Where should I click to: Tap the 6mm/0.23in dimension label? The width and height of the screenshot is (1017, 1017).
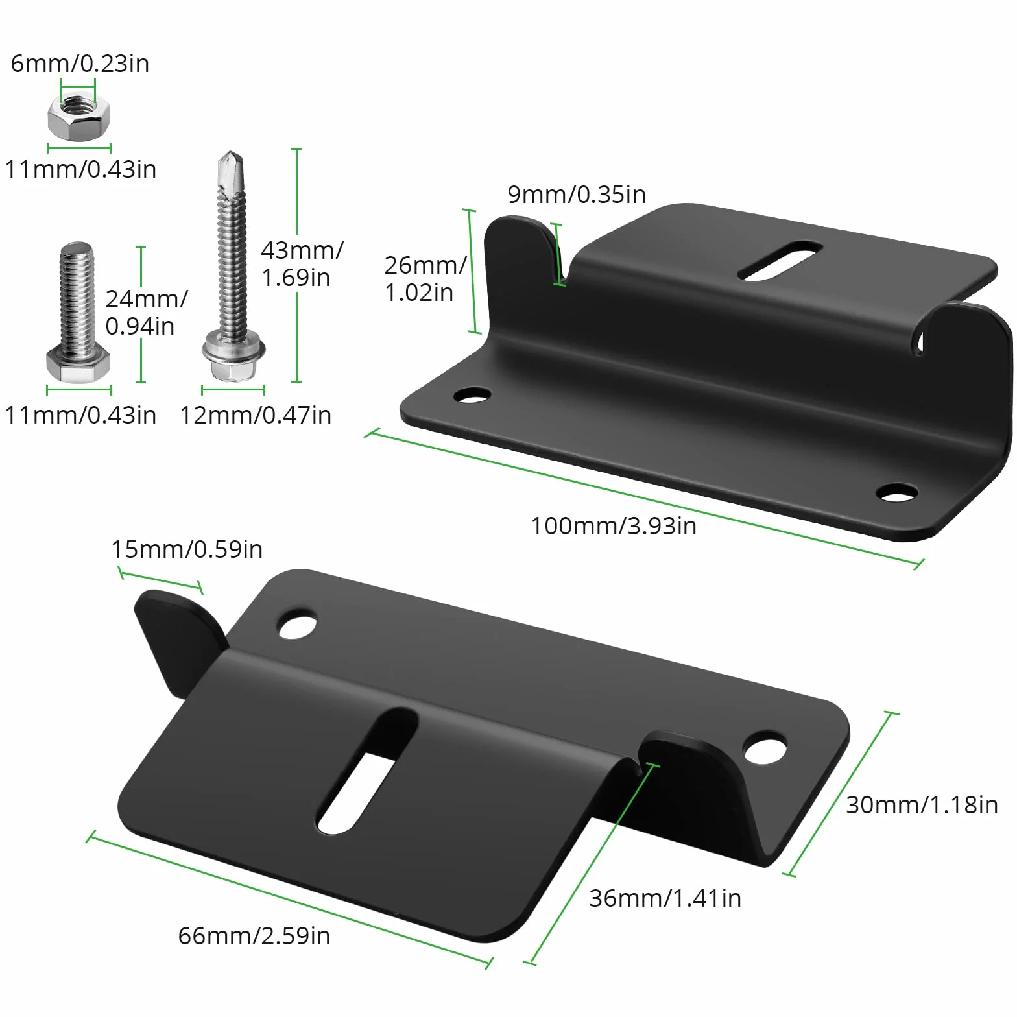(80, 64)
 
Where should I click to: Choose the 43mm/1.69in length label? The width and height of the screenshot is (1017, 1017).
(302, 263)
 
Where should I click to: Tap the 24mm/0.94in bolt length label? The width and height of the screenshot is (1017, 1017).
(147, 312)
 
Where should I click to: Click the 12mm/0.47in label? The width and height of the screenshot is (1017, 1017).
(256, 415)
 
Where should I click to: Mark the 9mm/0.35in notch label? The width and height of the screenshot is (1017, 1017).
(577, 195)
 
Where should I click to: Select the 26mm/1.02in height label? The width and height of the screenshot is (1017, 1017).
(425, 279)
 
